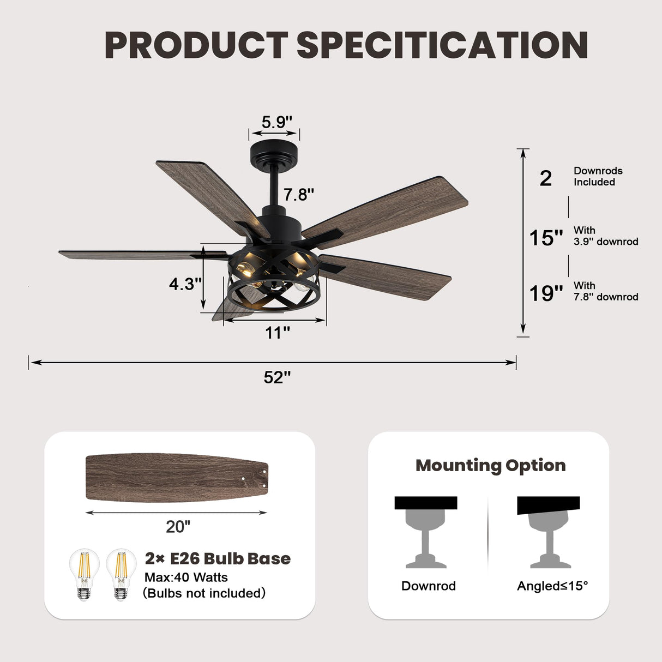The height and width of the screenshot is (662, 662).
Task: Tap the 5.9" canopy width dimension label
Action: coord(276,122)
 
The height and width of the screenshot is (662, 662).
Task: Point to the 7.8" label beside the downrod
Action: coord(298,194)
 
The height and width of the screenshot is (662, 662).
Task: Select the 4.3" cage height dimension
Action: coord(185,284)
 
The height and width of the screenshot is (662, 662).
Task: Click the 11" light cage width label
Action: coord(277,332)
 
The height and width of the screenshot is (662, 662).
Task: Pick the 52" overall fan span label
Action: coord(277,377)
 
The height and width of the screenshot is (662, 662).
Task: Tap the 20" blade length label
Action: coord(178,526)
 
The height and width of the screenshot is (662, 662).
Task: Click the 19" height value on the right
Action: coord(546,293)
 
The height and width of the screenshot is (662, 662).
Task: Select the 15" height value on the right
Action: coord(546,238)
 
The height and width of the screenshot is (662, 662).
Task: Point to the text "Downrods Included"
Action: coord(598,176)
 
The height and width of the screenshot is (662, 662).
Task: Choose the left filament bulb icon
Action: coord(84,574)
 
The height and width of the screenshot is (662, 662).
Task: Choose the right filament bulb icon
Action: coord(121,574)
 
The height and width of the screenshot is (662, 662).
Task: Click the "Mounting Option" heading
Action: coord(490,465)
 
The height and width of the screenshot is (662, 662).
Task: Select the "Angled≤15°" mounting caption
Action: coord(552,586)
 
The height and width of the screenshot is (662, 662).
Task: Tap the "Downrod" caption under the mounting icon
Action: coord(428,586)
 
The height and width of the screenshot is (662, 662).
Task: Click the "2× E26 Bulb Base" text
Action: coord(218,558)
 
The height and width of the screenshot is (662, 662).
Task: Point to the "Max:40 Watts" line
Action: coord(186,577)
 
